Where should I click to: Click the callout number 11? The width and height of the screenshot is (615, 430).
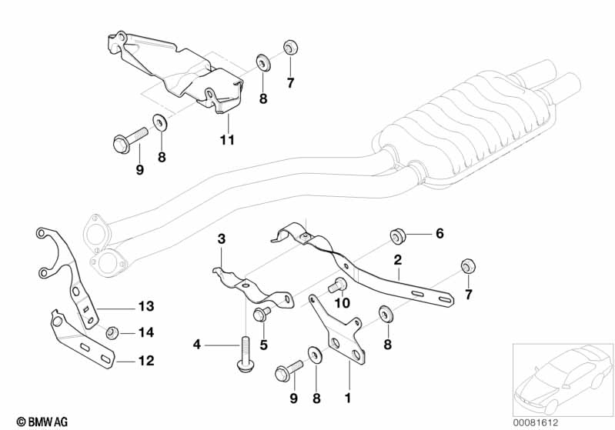(x=226, y=141)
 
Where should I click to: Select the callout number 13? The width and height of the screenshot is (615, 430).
(x=146, y=306)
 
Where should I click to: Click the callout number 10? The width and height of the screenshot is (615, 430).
(x=343, y=304)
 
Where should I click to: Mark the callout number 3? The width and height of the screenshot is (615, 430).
(x=221, y=240)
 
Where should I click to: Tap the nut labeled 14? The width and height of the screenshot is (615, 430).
(x=112, y=332)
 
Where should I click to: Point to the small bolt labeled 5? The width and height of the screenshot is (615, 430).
(x=259, y=314)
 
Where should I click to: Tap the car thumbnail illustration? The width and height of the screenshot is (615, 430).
(x=561, y=377)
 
